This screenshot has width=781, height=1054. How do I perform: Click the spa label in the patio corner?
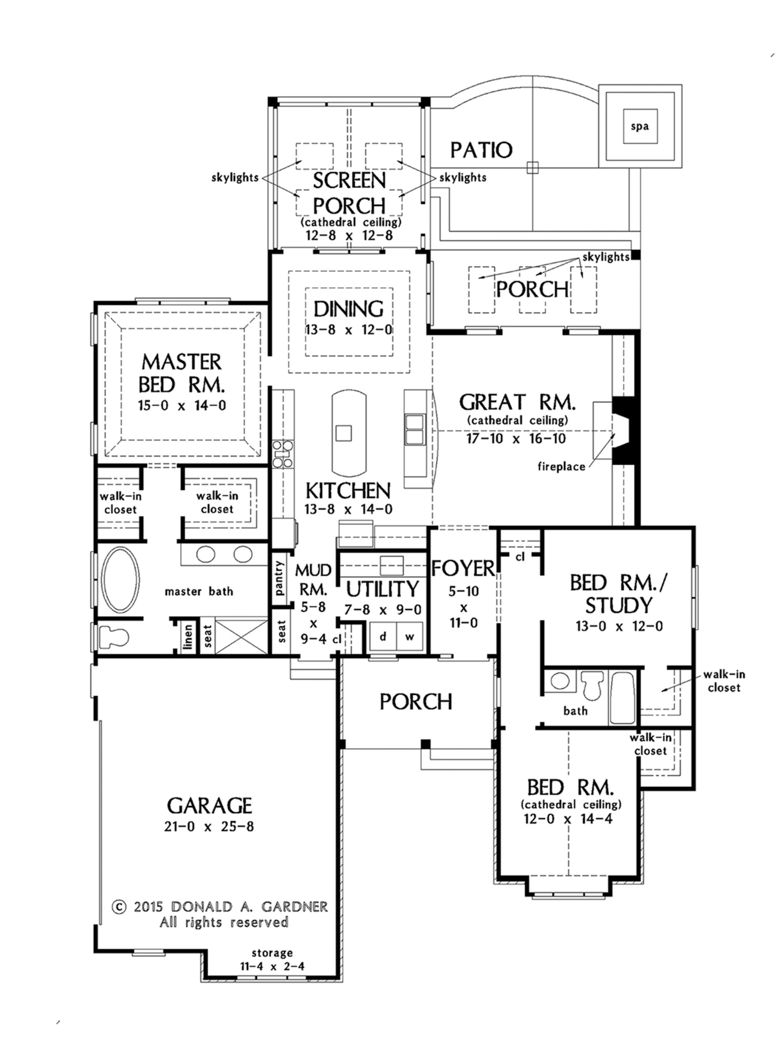[x=639, y=126]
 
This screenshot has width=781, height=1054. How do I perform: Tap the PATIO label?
[x=481, y=150]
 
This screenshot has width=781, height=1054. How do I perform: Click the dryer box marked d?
[x=383, y=636]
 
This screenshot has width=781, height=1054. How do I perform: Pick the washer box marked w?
[x=409, y=636]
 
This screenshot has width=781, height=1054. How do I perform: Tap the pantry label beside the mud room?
[x=279, y=577]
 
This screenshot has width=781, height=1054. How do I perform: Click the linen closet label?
[x=188, y=637]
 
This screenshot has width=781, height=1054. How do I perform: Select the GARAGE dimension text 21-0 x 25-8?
[x=209, y=827]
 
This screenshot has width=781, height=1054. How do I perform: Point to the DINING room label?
[x=349, y=309]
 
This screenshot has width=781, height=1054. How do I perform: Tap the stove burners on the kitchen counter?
[x=282, y=453]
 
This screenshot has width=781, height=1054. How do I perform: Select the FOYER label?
[x=463, y=568]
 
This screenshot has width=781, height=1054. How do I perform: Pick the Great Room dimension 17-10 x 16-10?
[x=516, y=438]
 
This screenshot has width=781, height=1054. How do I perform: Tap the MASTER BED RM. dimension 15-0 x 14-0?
[x=182, y=405]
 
